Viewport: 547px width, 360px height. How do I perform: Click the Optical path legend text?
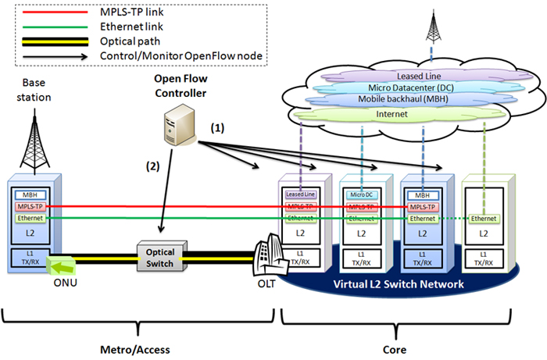pyautogui.click(x=128, y=42)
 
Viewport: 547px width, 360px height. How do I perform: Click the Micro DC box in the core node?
pyautogui.click(x=360, y=194)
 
